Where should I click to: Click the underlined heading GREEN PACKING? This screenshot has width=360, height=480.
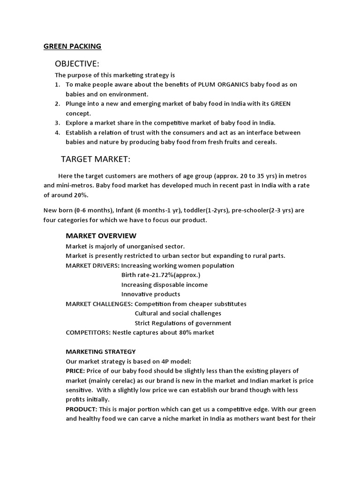72,46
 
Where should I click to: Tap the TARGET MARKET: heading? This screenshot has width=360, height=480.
96,159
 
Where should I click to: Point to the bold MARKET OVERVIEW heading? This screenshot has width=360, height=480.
101,235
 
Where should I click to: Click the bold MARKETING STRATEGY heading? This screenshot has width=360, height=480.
101,351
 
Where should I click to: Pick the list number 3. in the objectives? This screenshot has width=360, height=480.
58,123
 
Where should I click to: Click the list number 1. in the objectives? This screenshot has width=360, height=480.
58,84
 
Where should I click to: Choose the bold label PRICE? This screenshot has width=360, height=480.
75,371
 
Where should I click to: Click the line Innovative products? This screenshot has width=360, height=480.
150,294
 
